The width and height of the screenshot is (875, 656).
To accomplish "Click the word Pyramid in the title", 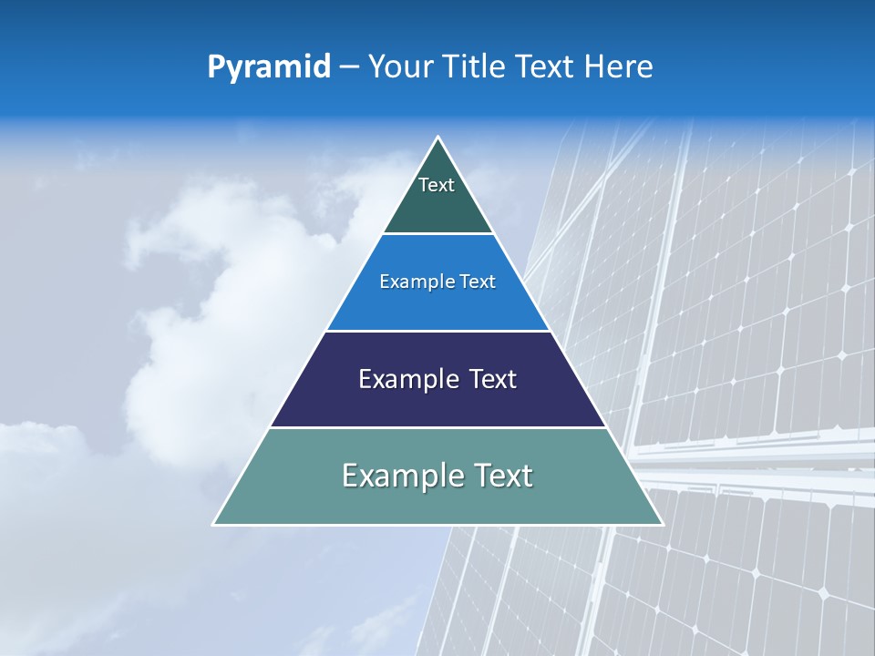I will pyautogui.click(x=269, y=67).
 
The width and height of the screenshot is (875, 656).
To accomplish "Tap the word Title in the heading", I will pyautogui.click(x=472, y=67).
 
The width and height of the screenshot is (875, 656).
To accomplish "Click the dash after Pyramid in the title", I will pyautogui.click(x=349, y=67).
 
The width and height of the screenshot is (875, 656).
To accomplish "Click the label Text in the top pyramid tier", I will pyautogui.click(x=437, y=185).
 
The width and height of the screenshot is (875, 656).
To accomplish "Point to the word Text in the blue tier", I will pyautogui.click(x=478, y=282).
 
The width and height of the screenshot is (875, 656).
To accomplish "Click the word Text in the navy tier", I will pyautogui.click(x=493, y=379).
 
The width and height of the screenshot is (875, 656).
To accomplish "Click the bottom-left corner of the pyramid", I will pyautogui.click(x=214, y=524).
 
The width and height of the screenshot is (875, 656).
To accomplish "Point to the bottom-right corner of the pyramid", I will pyautogui.click(x=663, y=524).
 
